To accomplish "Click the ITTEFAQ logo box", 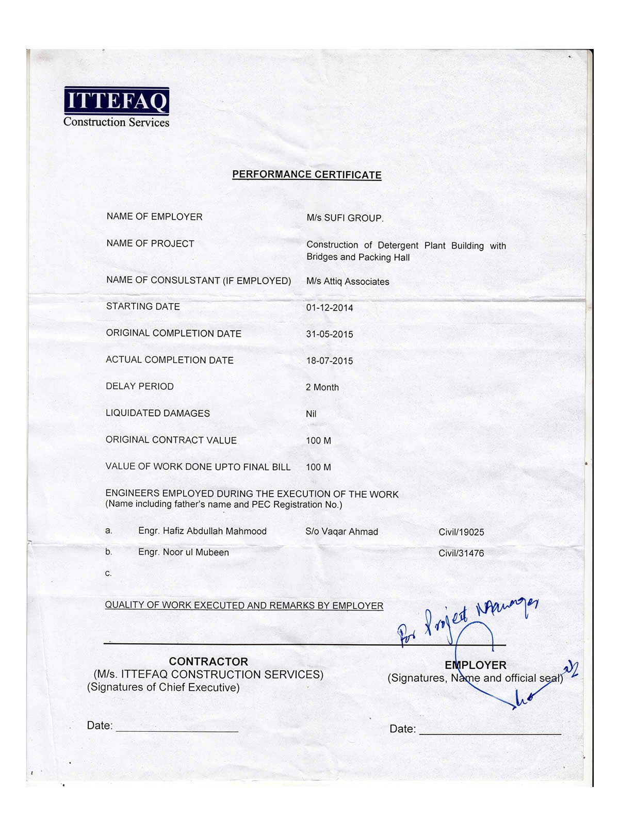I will click(117, 101).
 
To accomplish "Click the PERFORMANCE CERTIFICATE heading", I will click(306, 174).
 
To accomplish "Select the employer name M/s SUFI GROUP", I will click(345, 218).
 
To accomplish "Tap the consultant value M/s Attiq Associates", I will click(348, 282).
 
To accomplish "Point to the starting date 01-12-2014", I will click(330, 308).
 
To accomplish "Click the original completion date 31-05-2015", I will click(330, 334).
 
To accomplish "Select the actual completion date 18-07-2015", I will click(330, 361).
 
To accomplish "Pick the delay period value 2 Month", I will click(322, 387).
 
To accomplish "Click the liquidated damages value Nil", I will click(311, 414).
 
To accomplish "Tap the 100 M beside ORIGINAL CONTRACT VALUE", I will click(318, 441).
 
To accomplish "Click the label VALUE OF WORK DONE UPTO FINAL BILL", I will click(198, 467).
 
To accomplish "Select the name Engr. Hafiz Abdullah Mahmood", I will click(202, 531).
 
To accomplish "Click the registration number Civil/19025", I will click(461, 532).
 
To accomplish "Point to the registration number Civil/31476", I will click(461, 553).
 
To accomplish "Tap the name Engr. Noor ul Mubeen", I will click(183, 552).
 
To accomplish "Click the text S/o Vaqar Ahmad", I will click(341, 532).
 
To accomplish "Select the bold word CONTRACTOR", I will click(208, 662).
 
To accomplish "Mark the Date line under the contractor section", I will click(177, 731).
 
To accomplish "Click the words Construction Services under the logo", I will click(116, 122).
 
